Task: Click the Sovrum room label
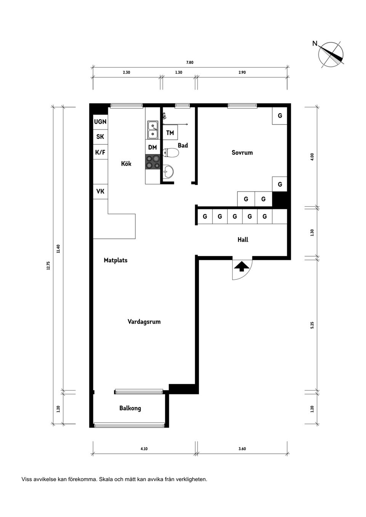242,153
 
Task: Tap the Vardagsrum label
144,322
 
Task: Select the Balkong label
130,408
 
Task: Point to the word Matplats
116,260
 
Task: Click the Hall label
243,239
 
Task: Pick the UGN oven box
100,121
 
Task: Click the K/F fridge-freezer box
100,152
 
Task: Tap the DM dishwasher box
152,147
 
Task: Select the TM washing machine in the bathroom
170,133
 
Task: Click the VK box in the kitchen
100,191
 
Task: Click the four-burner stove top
152,161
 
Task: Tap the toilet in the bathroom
171,153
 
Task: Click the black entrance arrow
242,266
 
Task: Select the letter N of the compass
315,43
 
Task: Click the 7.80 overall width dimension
190,62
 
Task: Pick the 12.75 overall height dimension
48,266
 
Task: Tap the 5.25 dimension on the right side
312,325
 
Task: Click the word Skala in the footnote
105,479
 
